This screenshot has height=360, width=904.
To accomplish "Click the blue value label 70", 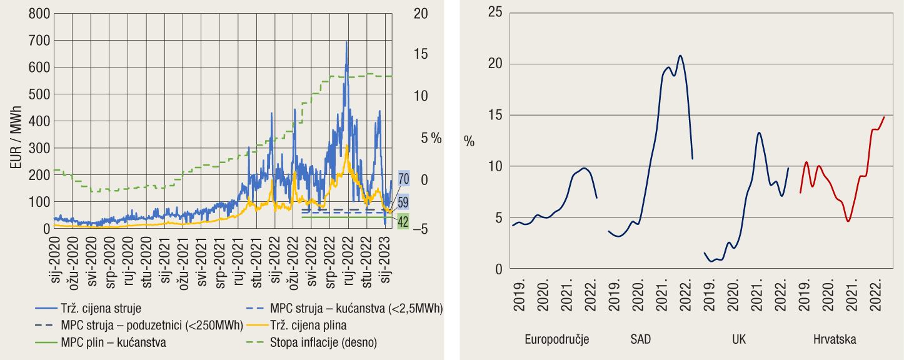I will click(x=403, y=179).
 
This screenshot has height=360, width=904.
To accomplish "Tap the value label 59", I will click(x=403, y=202).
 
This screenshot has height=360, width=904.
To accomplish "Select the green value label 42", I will click(x=403, y=221).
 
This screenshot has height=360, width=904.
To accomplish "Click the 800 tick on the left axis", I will click(x=39, y=14).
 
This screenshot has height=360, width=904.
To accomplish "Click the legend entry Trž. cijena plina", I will click(x=308, y=325).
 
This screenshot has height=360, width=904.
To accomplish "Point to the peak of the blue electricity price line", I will click(x=346, y=42).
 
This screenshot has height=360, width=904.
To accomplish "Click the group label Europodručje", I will click(x=556, y=339).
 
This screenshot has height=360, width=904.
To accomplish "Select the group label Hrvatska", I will click(x=835, y=339).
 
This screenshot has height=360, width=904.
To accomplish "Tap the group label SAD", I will click(x=640, y=339).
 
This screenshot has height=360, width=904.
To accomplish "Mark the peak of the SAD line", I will click(x=680, y=56).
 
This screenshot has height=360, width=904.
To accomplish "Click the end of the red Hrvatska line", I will click(x=884, y=117).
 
